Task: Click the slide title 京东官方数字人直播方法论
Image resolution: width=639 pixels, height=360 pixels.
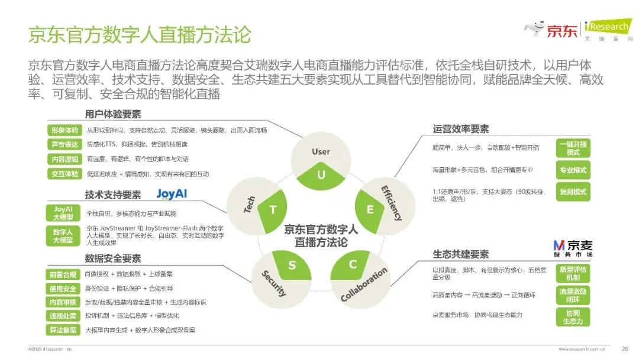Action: tap(140, 34)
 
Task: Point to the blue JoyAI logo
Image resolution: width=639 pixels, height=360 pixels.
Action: tap(172, 194)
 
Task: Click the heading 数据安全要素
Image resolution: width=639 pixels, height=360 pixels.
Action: tap(113, 259)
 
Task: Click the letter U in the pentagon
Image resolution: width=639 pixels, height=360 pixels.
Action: tap(321, 175)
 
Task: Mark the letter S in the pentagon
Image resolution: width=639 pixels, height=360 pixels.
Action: tap(292, 265)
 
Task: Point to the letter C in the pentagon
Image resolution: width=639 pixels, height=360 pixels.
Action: tap(353, 265)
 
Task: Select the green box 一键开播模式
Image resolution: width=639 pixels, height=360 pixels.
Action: tap(573, 148)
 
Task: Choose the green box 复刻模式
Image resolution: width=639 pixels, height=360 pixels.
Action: tap(573, 192)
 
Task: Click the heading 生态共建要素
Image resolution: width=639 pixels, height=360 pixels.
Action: tap(461, 255)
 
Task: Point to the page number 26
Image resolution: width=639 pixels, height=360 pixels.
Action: tap(624, 348)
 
